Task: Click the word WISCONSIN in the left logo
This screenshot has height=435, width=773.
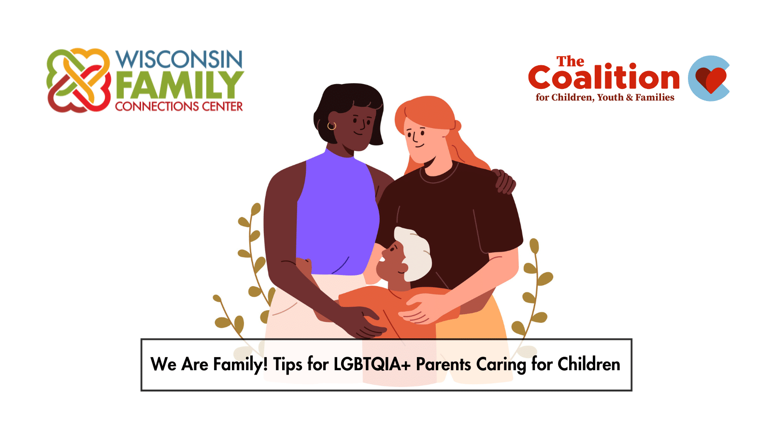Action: [179, 59]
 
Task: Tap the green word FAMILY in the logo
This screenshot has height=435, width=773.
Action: [179, 85]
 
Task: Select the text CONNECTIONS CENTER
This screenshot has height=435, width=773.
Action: [179, 106]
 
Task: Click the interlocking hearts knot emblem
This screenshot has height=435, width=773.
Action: [79, 80]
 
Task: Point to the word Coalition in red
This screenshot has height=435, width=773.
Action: [604, 77]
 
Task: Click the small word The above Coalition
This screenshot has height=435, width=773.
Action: [570, 61]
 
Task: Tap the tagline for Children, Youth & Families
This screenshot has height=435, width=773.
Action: [605, 98]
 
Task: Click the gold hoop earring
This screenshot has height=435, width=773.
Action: [331, 126]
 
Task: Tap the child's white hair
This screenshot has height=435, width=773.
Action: [414, 253]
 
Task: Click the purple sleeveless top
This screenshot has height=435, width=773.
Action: [338, 214]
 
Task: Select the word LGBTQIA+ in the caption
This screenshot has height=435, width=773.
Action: [372, 364]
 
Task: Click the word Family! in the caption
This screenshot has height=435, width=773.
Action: [240, 364]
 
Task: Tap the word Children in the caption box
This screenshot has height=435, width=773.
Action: [589, 364]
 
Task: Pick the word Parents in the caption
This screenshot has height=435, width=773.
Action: [444, 364]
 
